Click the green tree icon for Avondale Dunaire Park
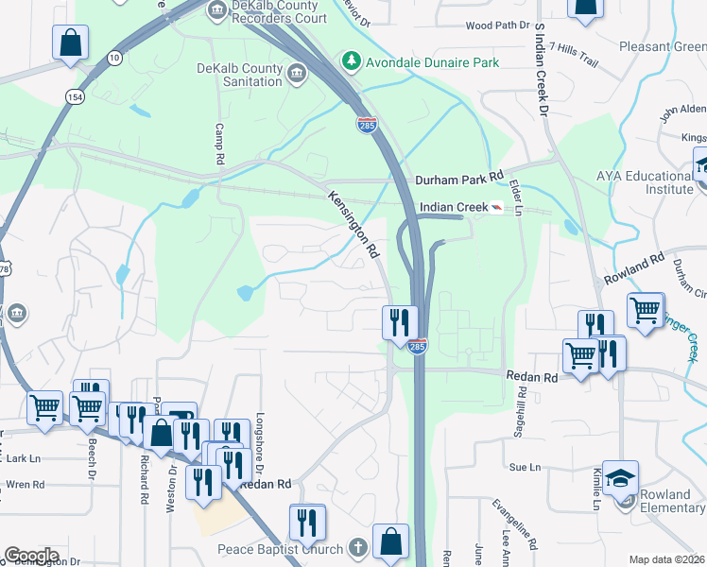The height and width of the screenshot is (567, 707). pos(352,60)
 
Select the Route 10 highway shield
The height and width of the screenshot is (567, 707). pos(113,58)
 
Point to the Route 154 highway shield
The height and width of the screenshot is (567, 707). pos(73,96)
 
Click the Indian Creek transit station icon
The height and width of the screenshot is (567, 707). pos(496,207)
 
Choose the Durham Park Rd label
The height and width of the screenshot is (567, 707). pos(460,179)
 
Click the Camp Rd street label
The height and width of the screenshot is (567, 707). pos(218,145)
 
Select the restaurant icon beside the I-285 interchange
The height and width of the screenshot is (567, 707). pos(400,321)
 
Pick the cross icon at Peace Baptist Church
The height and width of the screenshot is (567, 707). pos(357,548)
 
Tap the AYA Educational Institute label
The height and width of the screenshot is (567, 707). pos(645,182)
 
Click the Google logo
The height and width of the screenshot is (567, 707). pos(31,556)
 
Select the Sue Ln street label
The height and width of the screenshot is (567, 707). pos(525,467)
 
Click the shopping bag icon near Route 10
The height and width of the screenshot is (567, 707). pos(70,43)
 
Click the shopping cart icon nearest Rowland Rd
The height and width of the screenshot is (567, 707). pos(646,309)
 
